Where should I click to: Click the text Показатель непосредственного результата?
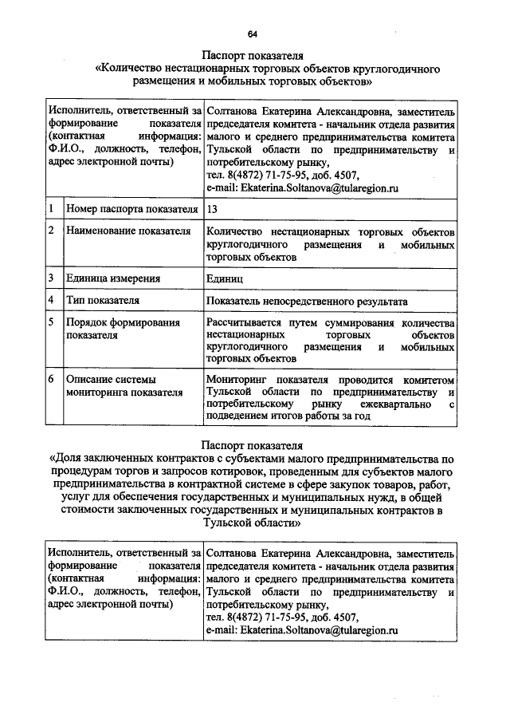pos(307,302)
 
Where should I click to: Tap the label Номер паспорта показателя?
pos(131,209)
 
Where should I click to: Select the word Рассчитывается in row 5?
pos(248,322)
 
